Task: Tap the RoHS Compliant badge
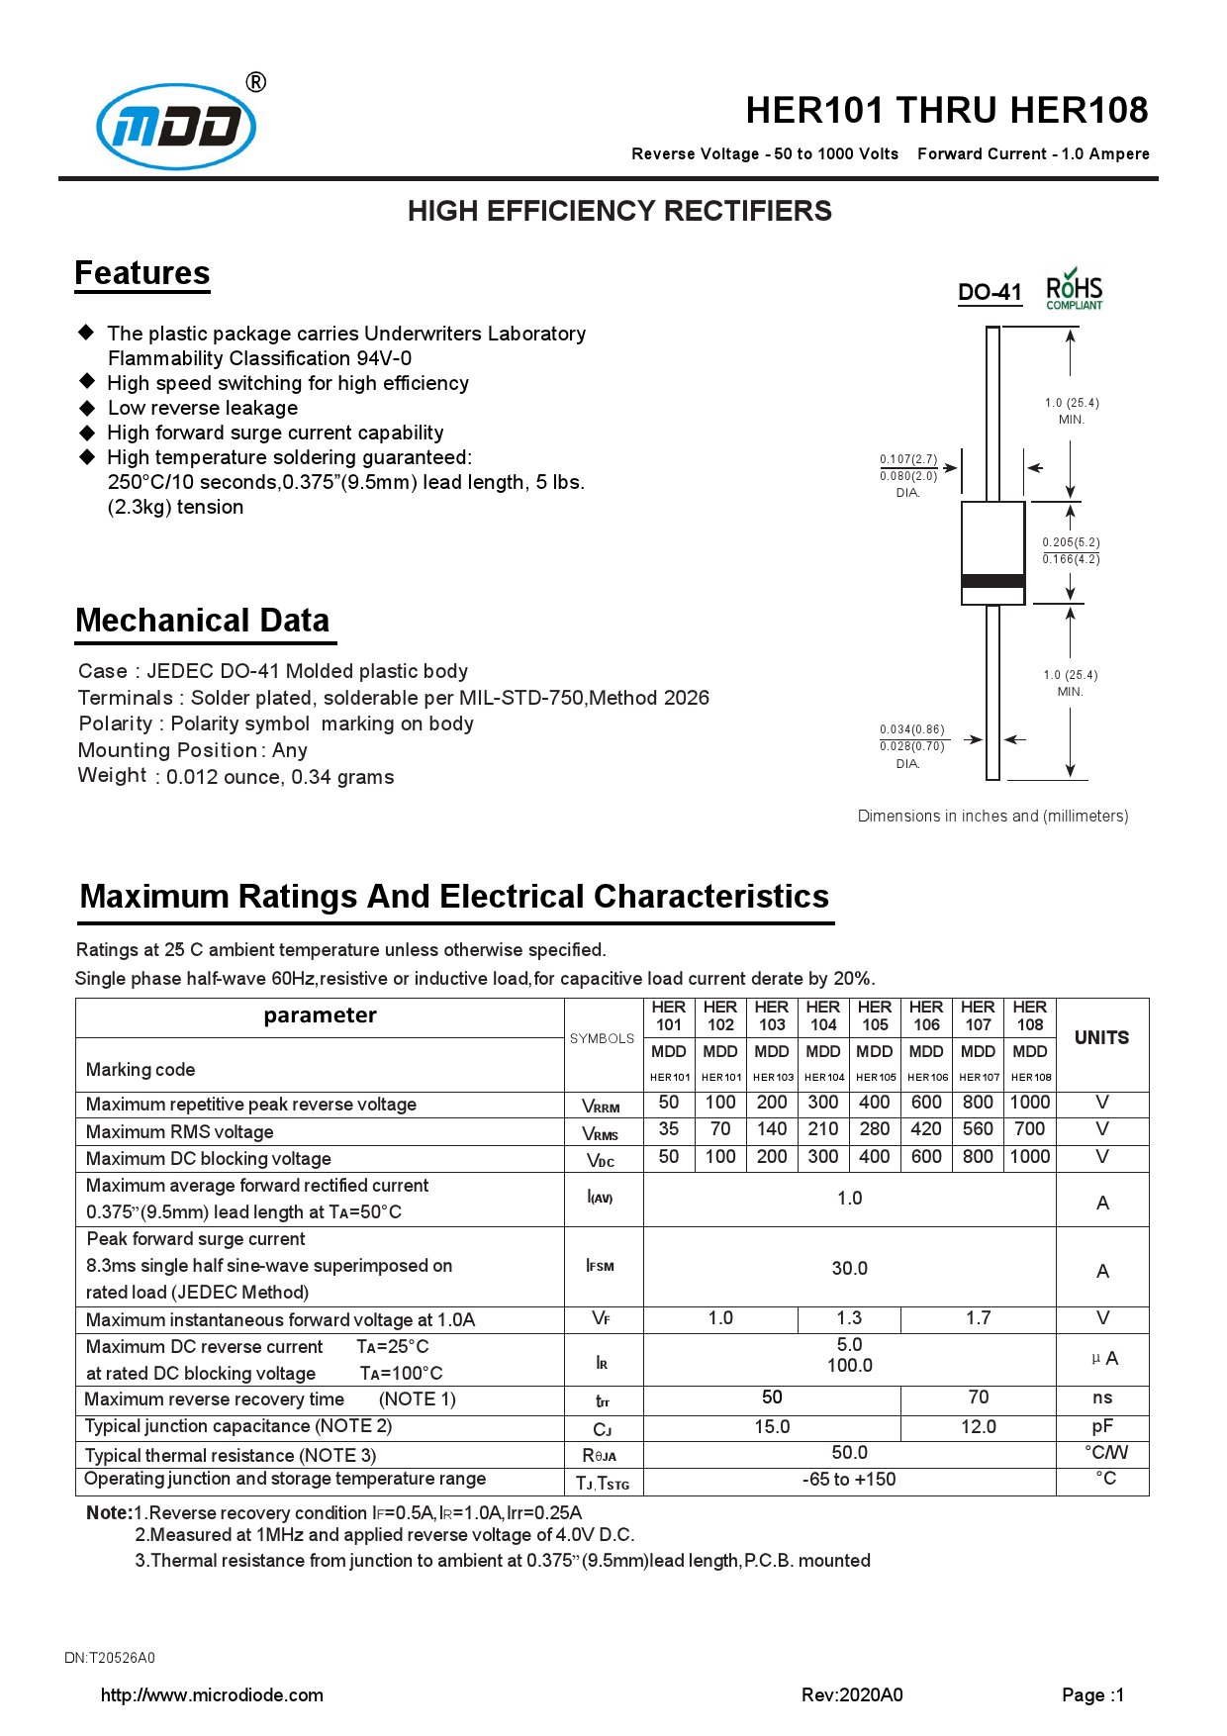click(1074, 290)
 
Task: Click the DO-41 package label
click(989, 292)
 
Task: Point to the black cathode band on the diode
click(992, 581)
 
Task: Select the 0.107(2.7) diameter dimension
click(908, 459)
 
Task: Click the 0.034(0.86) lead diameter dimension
click(911, 729)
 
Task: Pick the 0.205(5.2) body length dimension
click(1071, 542)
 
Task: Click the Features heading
click(142, 273)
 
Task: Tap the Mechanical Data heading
click(203, 621)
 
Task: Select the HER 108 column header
click(1029, 1016)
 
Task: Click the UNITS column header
click(1101, 1037)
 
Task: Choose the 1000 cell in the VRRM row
click(1029, 1103)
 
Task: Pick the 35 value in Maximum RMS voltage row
click(669, 1129)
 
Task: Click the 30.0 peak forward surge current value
click(849, 1268)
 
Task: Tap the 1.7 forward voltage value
click(978, 1318)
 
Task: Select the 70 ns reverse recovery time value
click(978, 1398)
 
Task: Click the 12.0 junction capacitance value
click(978, 1426)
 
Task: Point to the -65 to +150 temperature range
click(849, 1480)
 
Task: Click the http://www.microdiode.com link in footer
click(212, 1695)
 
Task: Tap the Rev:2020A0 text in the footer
click(852, 1695)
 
